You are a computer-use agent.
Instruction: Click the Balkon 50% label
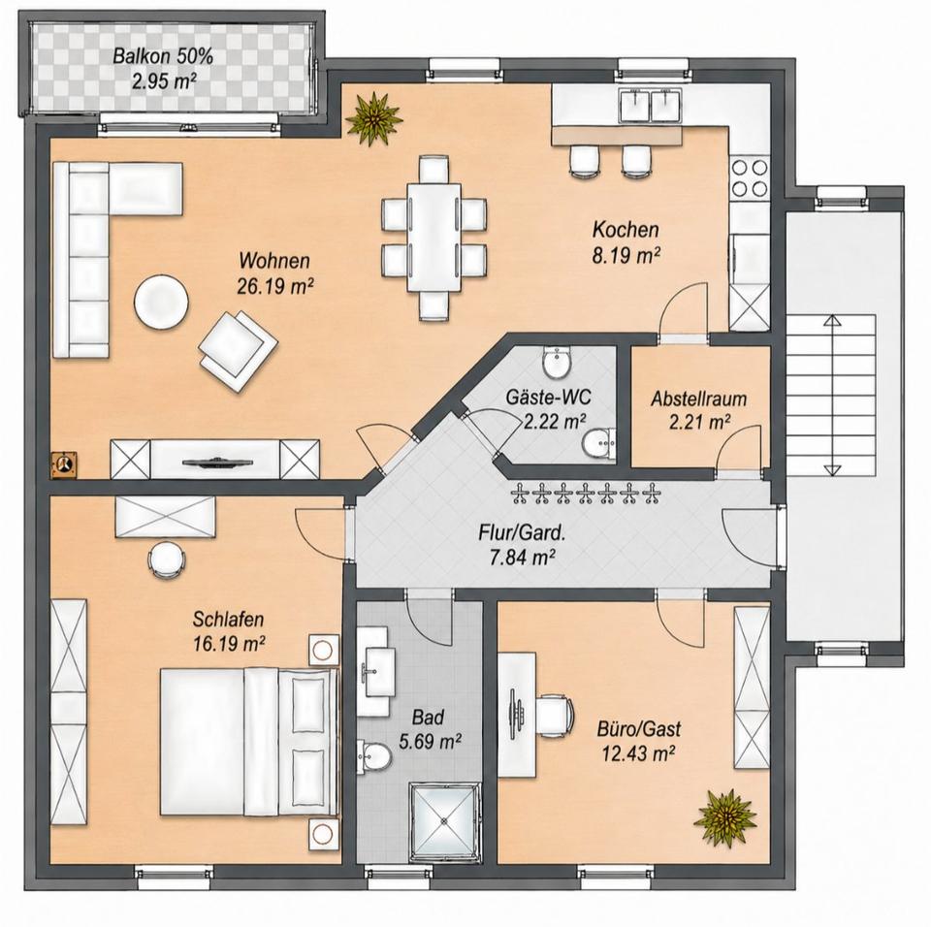(x=163, y=57)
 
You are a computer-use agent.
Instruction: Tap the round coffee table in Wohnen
(x=162, y=301)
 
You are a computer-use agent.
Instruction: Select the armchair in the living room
(x=239, y=350)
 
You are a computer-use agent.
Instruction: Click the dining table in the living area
(x=434, y=237)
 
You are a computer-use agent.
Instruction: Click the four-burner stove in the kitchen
(x=750, y=177)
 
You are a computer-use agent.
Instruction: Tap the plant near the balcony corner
(x=373, y=117)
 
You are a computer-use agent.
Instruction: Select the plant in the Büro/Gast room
(x=724, y=817)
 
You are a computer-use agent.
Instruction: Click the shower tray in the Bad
(x=444, y=821)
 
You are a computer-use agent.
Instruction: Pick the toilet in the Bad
(x=374, y=757)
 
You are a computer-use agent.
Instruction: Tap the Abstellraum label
(x=698, y=399)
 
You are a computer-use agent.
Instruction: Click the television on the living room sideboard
(x=217, y=463)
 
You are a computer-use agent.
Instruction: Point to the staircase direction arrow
(x=832, y=395)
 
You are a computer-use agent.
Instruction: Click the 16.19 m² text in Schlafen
(x=229, y=643)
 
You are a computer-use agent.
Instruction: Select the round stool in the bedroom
(x=166, y=559)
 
